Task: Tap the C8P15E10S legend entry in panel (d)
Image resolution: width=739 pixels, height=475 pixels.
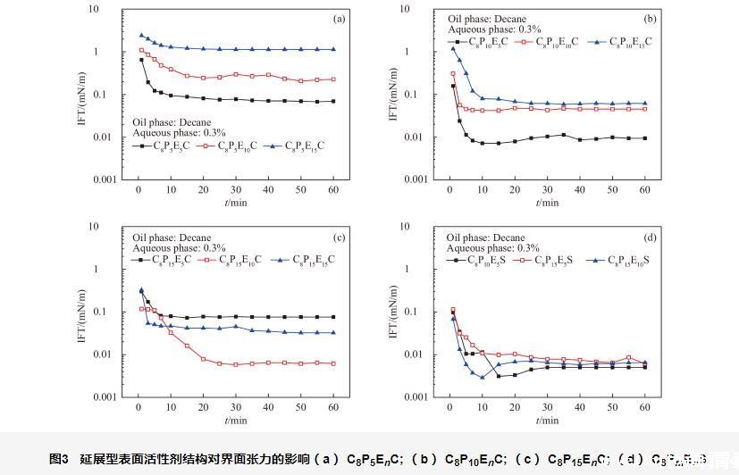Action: point(630,260)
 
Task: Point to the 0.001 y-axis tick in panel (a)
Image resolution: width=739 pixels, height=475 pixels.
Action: point(111,179)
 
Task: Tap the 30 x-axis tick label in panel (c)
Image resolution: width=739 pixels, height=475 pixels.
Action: point(236,408)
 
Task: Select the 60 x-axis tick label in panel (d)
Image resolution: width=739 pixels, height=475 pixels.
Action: point(644,408)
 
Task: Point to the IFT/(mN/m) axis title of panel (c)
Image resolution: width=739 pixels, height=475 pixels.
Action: point(82,312)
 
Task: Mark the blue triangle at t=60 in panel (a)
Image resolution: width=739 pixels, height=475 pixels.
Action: point(333,49)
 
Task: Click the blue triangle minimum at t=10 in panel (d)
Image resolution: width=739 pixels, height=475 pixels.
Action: point(483,377)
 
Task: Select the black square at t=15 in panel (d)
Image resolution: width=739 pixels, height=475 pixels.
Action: point(499,376)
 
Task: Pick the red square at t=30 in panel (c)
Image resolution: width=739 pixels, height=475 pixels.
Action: point(236,364)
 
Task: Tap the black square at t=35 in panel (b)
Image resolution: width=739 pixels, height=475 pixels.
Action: point(564,135)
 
